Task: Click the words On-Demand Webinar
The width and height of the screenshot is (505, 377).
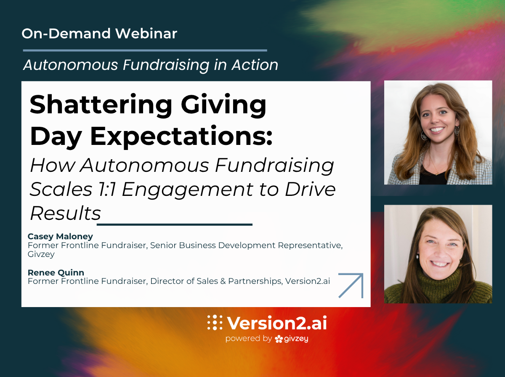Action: click(99, 34)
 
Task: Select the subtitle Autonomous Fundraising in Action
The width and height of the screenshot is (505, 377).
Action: click(151, 65)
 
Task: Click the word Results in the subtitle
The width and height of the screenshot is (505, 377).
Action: click(65, 214)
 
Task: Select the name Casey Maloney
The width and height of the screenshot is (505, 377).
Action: click(60, 236)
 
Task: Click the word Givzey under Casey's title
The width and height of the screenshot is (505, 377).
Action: click(41, 254)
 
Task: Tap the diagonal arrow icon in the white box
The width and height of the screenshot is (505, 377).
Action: click(351, 286)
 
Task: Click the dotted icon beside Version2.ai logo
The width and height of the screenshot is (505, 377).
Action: click(215, 323)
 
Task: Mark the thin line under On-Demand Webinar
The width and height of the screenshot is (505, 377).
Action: click(144, 50)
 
